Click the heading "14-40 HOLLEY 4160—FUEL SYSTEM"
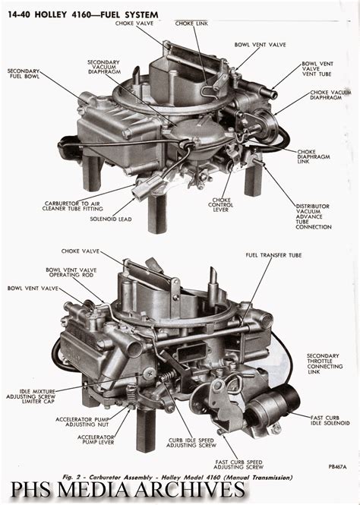[83, 14]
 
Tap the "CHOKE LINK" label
[191, 24]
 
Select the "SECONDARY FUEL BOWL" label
[24, 74]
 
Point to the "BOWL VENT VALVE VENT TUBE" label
[317, 69]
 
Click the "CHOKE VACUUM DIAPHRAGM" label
[330, 95]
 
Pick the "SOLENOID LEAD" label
[111, 219]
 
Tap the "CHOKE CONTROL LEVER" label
[220, 205]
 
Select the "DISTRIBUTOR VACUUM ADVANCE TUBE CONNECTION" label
[314, 216]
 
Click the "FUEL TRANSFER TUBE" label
[273, 255]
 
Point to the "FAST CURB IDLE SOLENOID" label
[330, 421]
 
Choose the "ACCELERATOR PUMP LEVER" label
[96, 440]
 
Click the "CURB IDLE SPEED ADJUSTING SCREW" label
[191, 443]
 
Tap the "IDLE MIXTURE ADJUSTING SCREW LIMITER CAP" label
[31, 396]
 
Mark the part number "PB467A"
[338, 467]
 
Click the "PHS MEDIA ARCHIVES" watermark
[128, 491]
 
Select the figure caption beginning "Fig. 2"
[178, 478]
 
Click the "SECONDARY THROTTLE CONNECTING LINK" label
[324, 364]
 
